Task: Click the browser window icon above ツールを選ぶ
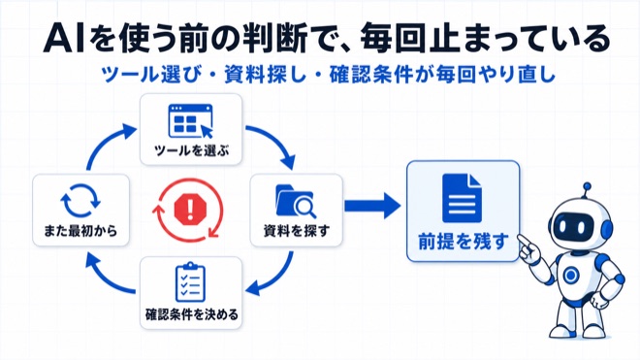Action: (x=191, y=121)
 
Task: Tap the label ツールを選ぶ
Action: (x=191, y=150)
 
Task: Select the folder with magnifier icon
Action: (x=296, y=202)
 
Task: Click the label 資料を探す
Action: (x=297, y=231)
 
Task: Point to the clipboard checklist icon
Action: (x=190, y=282)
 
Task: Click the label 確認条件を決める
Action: (x=192, y=314)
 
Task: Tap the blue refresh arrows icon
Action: (x=80, y=200)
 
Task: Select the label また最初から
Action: (x=80, y=231)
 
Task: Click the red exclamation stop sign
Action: (x=190, y=209)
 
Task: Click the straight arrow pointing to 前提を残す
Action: (x=372, y=206)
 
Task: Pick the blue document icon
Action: (x=462, y=198)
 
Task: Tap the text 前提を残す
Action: (x=464, y=241)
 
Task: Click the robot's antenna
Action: (x=587, y=191)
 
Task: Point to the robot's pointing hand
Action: (x=529, y=248)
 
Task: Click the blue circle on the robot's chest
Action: (x=571, y=275)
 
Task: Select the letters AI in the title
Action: (x=64, y=40)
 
